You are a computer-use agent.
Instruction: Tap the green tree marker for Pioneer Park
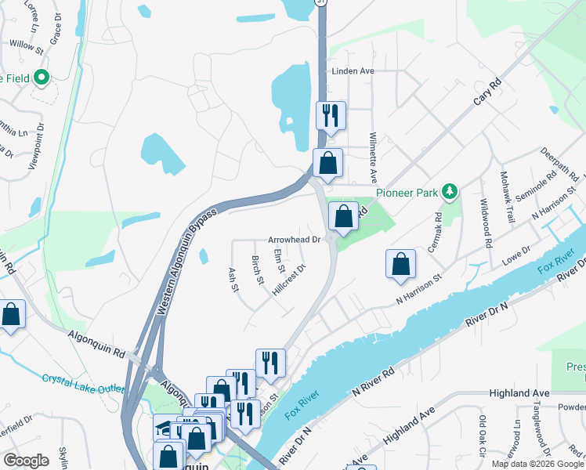tap(449, 190)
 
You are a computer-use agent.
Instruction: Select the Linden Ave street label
tap(353, 71)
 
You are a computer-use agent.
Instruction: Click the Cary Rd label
tap(487, 93)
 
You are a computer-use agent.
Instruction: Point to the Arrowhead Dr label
tap(295, 240)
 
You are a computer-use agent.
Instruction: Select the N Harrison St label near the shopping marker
tap(419, 295)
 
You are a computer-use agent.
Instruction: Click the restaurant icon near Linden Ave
tap(330, 115)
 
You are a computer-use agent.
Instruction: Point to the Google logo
tap(26, 461)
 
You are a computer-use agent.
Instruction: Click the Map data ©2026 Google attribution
tap(537, 464)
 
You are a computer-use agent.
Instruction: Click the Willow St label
tap(26, 47)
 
